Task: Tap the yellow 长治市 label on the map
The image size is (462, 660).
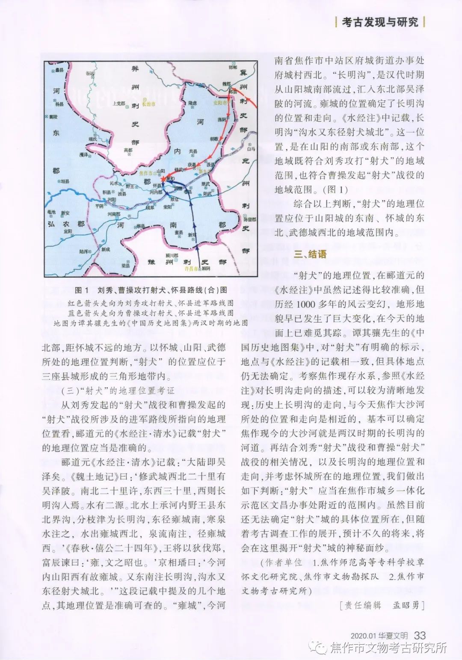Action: [x=149, y=103]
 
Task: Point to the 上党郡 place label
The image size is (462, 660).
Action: [x=118, y=103]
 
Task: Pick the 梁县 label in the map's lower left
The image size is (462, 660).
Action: [x=113, y=265]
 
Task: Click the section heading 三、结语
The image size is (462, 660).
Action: [x=310, y=254]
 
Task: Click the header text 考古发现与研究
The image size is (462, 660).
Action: [x=380, y=22]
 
